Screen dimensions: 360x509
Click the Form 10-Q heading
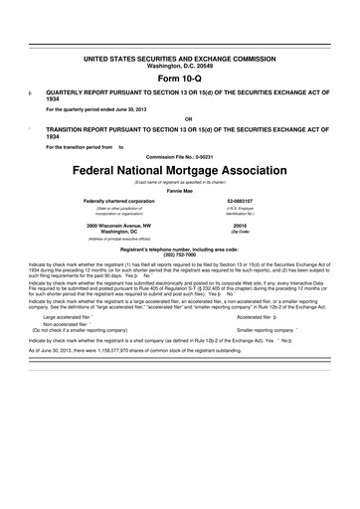[x=179, y=79]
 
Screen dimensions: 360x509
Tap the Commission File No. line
[x=179, y=156]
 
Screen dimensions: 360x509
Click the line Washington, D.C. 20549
[x=179, y=68]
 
